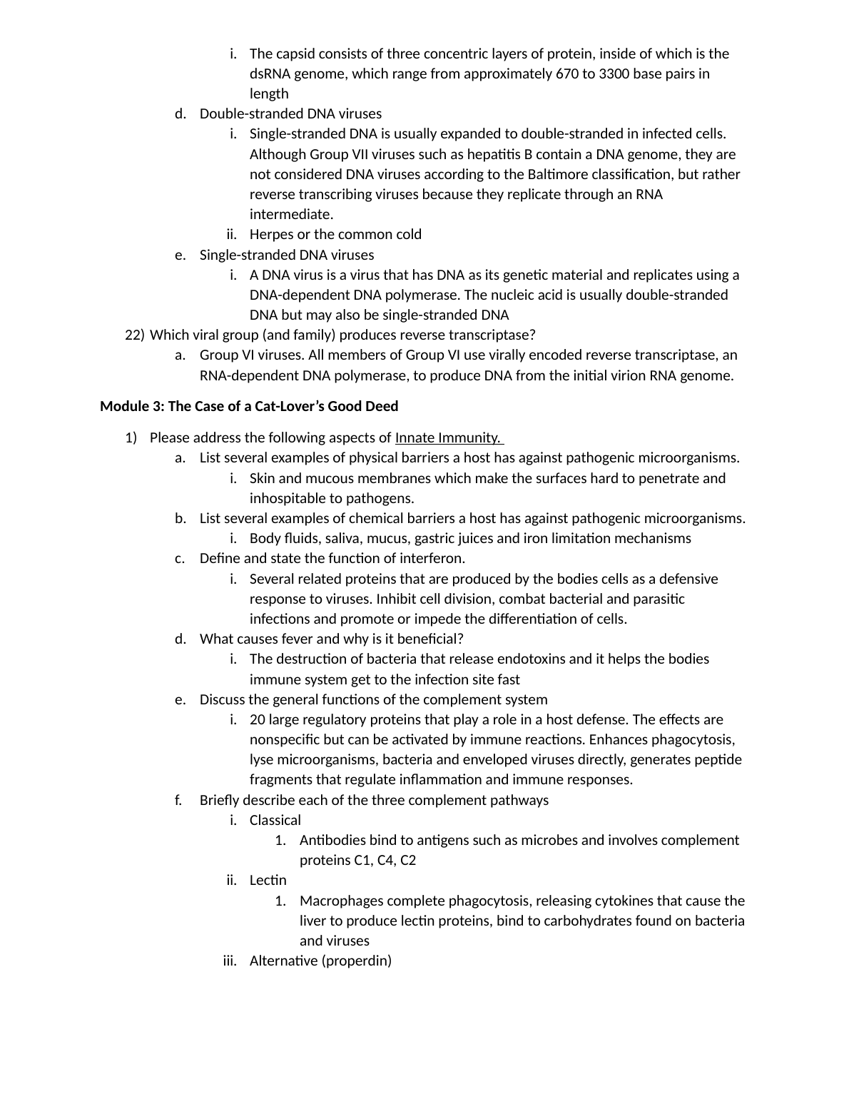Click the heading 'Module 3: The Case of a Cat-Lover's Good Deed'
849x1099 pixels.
click(x=249, y=407)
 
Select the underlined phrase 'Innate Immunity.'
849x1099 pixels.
click(x=447, y=438)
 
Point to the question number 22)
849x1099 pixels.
click(x=134, y=335)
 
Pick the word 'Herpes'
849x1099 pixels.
click(x=270, y=235)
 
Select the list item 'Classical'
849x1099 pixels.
click(x=275, y=821)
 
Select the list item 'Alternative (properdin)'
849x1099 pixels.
click(x=320, y=961)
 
